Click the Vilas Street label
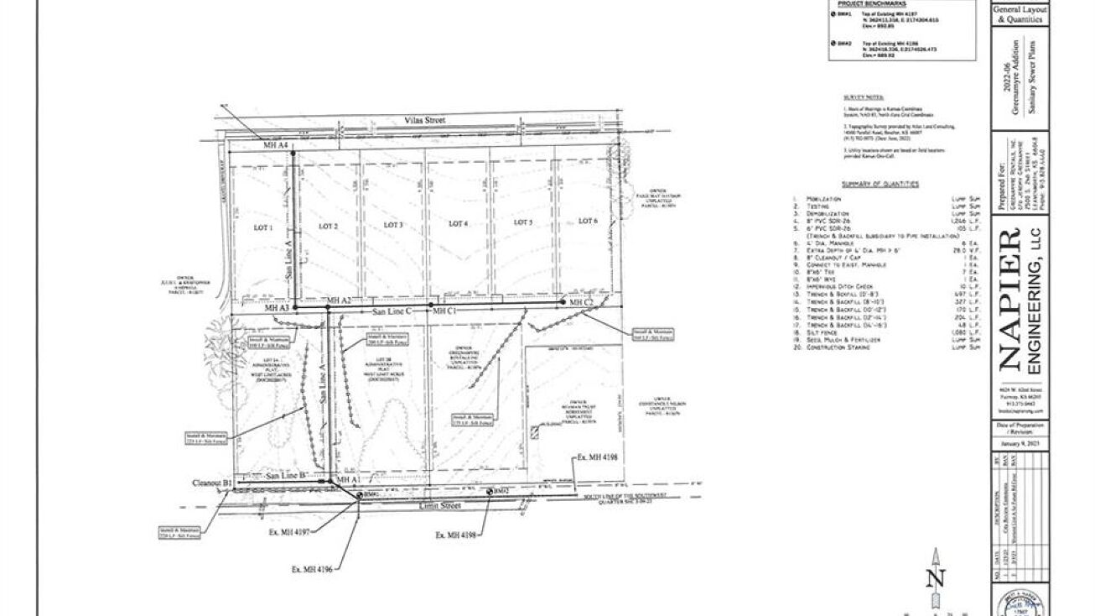pos(423,121)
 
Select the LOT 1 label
pos(264,227)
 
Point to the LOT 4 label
pos(457,223)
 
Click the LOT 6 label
pos(589,221)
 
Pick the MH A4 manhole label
pos(276,146)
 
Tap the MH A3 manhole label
pos(277,309)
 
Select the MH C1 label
pos(444,311)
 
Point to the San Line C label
pos(392,311)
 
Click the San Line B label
pos(285,476)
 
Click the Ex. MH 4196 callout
pos(312,569)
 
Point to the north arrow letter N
pos(936,578)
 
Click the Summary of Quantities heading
pos(880,184)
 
